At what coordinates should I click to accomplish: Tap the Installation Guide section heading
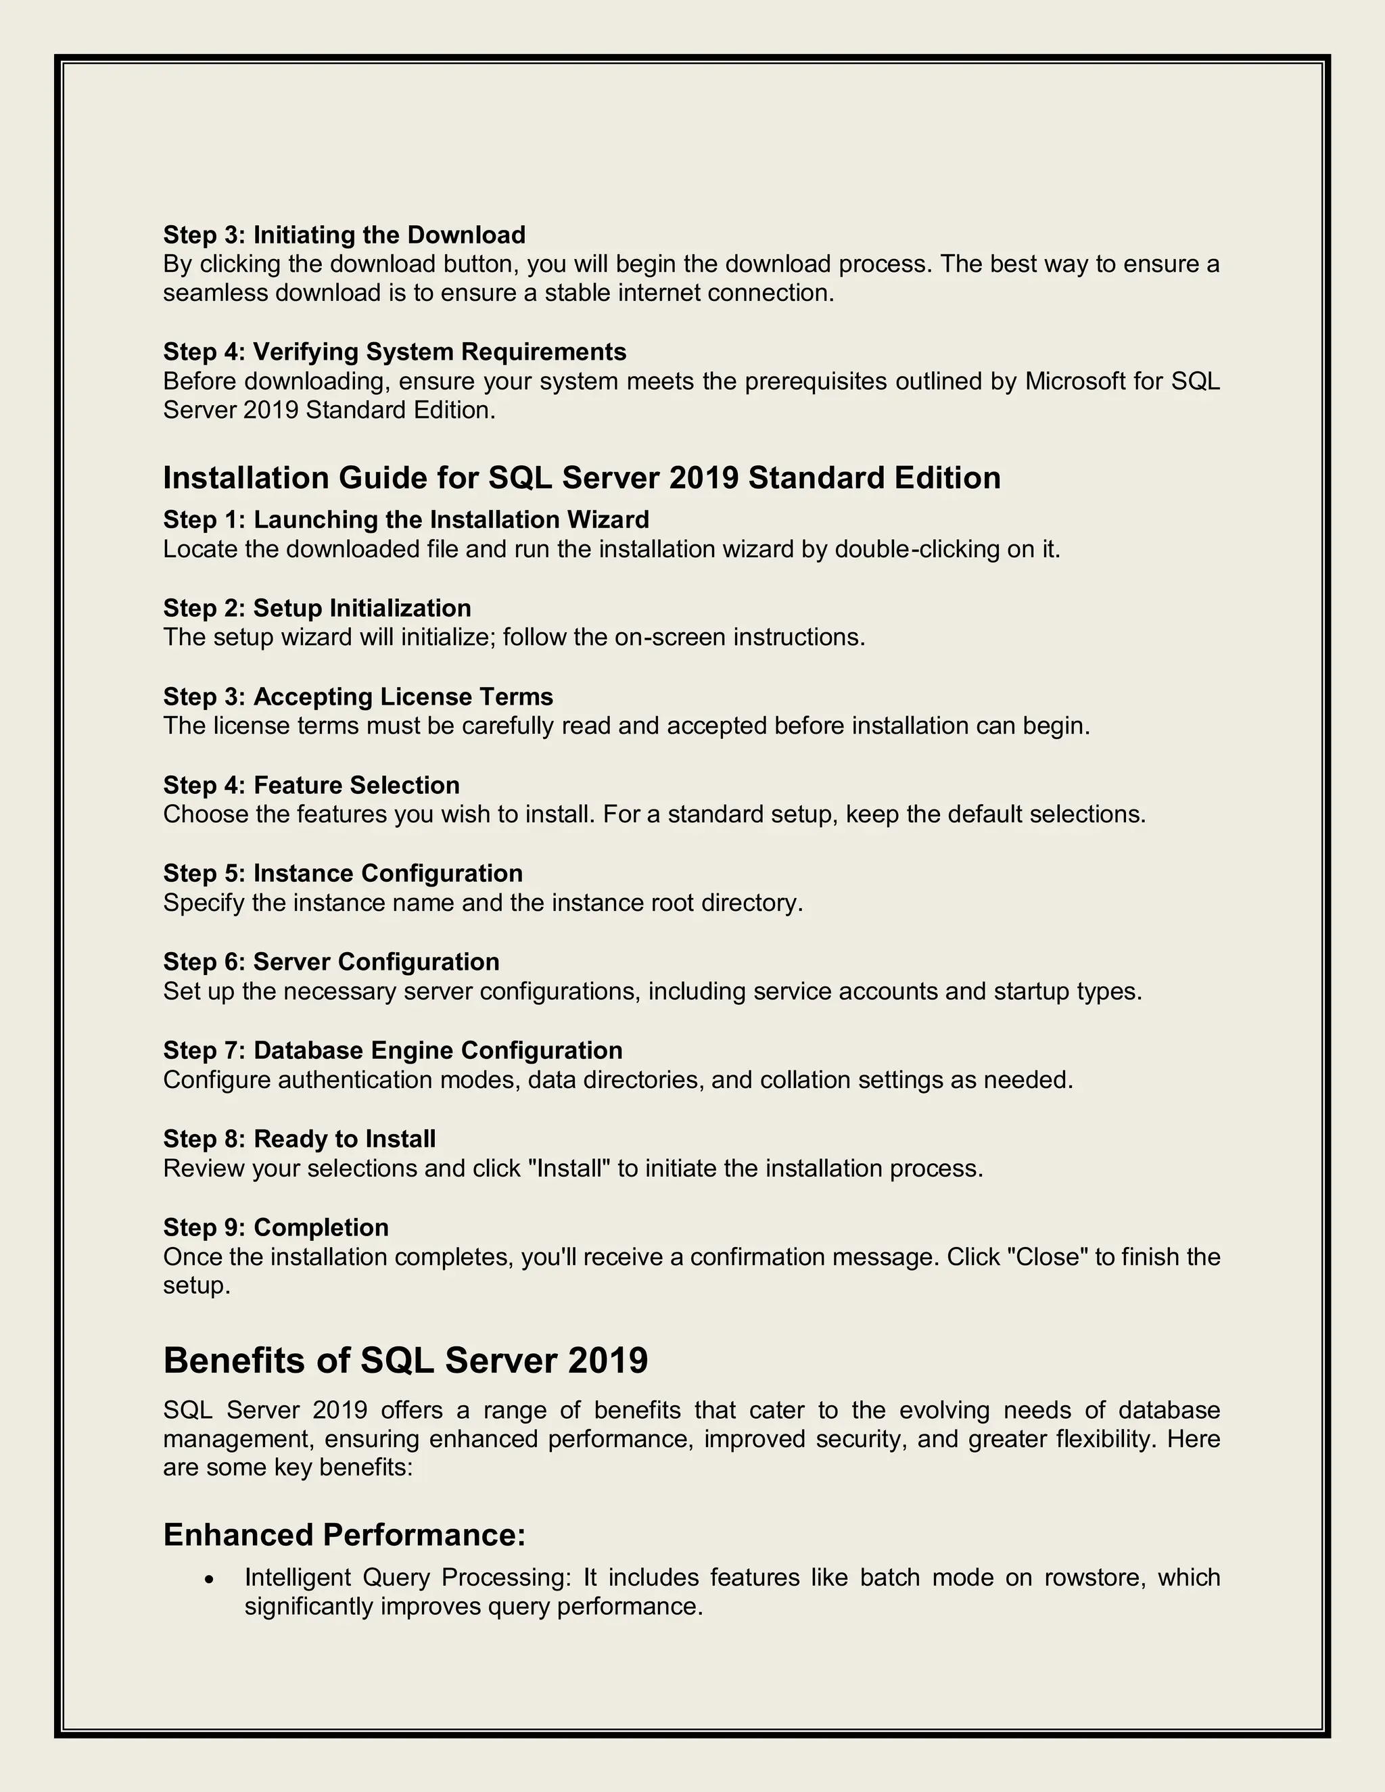(581, 477)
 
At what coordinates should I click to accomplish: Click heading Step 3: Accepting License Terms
(358, 697)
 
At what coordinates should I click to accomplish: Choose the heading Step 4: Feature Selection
(311, 785)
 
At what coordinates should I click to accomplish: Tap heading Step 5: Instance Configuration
(342, 873)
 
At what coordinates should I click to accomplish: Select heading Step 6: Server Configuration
(331, 962)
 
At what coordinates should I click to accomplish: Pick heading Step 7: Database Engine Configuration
(392, 1050)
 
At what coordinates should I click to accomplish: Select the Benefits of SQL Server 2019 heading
(405, 1361)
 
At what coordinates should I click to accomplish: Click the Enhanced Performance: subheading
(344, 1534)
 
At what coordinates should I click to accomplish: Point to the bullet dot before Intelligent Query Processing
(211, 1579)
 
